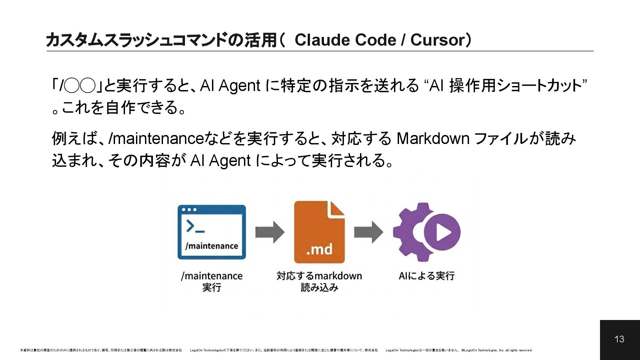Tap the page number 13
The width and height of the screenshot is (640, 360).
619,339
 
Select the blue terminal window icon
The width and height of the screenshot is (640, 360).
212,232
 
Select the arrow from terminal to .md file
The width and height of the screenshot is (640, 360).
270,232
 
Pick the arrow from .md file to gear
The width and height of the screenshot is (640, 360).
368,232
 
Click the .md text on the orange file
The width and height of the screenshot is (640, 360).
319,249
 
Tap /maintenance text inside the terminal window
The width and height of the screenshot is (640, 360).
212,246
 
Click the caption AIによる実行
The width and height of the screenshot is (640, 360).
426,276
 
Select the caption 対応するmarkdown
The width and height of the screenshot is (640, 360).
319,276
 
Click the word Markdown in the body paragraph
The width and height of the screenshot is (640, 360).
433,139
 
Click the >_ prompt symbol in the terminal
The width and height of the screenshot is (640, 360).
195,226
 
